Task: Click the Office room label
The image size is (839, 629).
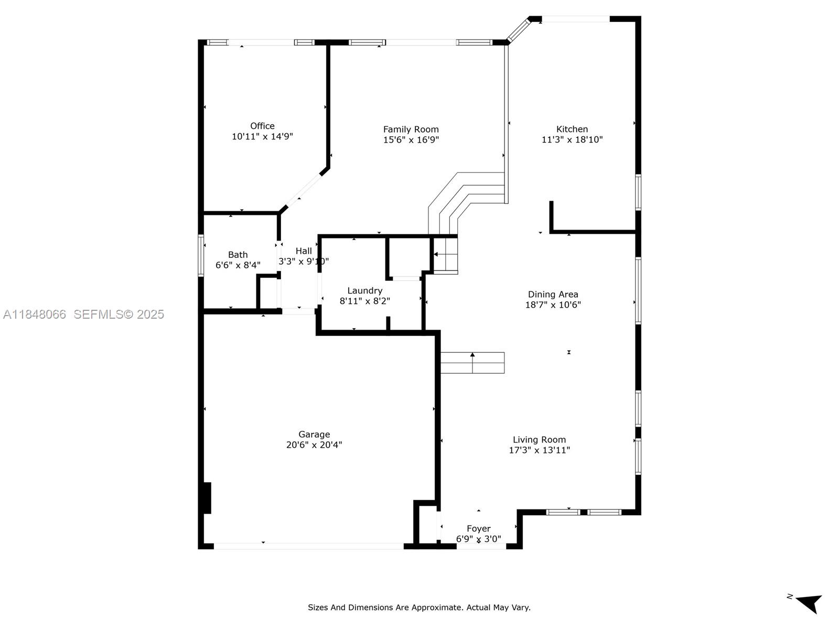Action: pyautogui.click(x=262, y=126)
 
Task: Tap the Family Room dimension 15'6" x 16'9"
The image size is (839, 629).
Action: pyautogui.click(x=411, y=140)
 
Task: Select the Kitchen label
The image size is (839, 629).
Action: pyautogui.click(x=572, y=129)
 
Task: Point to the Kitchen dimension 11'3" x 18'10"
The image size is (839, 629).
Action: pyautogui.click(x=572, y=140)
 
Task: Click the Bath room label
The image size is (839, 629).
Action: pyautogui.click(x=238, y=255)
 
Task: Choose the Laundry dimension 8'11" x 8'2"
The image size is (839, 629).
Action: pyautogui.click(x=364, y=301)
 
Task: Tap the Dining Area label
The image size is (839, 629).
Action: pyautogui.click(x=553, y=294)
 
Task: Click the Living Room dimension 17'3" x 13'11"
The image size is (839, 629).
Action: pyautogui.click(x=539, y=450)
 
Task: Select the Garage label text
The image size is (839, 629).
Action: pyautogui.click(x=314, y=434)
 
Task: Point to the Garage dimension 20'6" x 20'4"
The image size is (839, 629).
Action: pyautogui.click(x=314, y=445)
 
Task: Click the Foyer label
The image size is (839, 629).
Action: pyautogui.click(x=478, y=528)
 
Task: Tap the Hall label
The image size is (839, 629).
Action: pyautogui.click(x=304, y=251)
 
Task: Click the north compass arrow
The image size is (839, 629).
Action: pyautogui.click(x=810, y=603)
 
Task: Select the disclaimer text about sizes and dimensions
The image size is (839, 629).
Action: pyautogui.click(x=419, y=608)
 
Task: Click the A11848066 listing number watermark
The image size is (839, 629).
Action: pyautogui.click(x=35, y=314)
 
